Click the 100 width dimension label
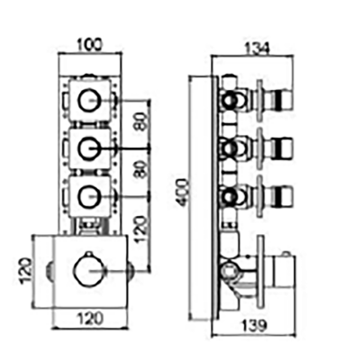point(90,45)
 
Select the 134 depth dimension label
point(257,49)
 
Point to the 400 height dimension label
point(183,193)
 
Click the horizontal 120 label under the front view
point(90,318)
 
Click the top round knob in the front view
point(89,100)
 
